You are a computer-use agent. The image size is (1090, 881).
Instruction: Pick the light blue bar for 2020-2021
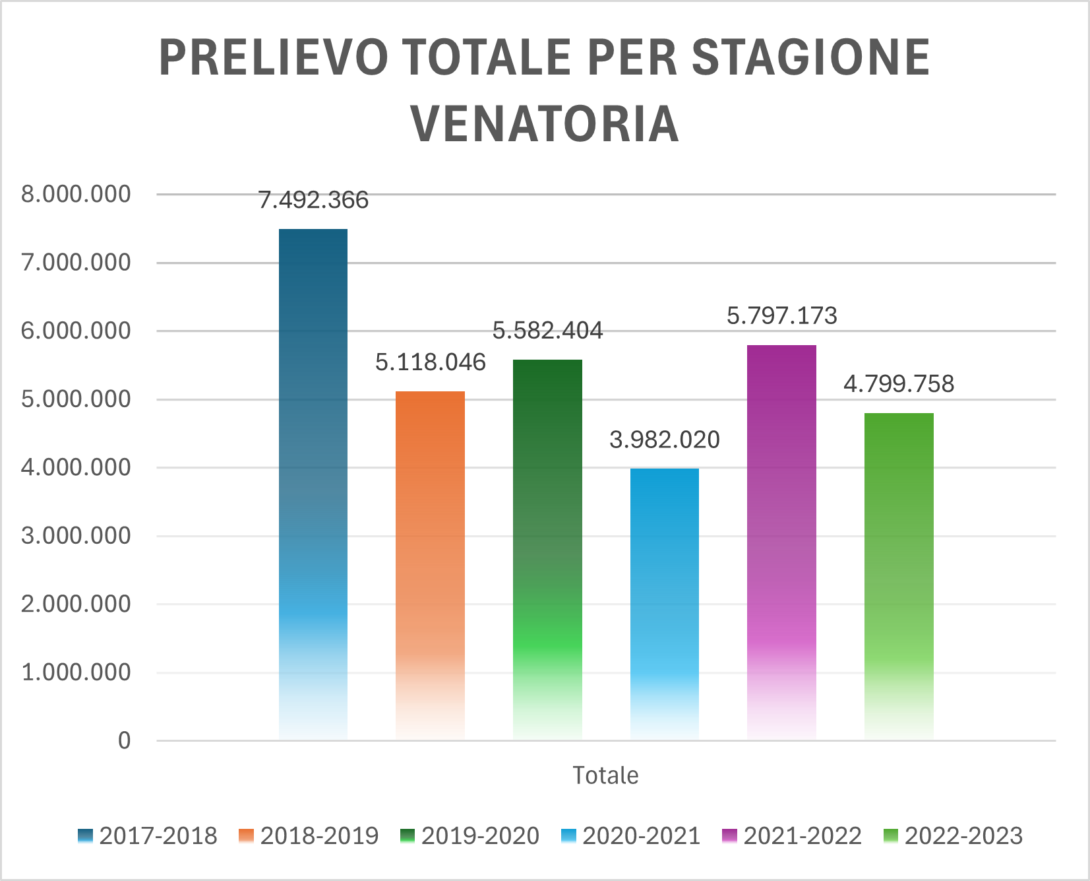click(665, 604)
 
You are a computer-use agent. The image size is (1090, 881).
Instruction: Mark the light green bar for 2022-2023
click(899, 575)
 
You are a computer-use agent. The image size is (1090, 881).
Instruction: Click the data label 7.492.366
click(313, 200)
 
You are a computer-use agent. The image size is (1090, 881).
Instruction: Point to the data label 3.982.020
click(665, 440)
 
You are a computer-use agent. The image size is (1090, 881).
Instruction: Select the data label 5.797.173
click(782, 316)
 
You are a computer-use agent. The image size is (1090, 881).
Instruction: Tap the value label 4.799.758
click(899, 384)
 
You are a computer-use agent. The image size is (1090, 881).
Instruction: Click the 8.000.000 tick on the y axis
click(76, 194)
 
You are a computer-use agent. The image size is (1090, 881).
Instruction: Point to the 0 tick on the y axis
click(124, 741)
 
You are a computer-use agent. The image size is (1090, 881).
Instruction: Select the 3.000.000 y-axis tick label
click(76, 536)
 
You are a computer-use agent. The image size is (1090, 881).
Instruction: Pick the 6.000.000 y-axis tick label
click(76, 331)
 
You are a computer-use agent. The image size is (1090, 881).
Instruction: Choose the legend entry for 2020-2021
click(630, 836)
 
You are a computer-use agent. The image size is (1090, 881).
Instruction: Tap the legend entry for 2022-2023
click(953, 836)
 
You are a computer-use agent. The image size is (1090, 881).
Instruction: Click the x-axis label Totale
click(605, 775)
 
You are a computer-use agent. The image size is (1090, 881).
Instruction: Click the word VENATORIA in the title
click(545, 123)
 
